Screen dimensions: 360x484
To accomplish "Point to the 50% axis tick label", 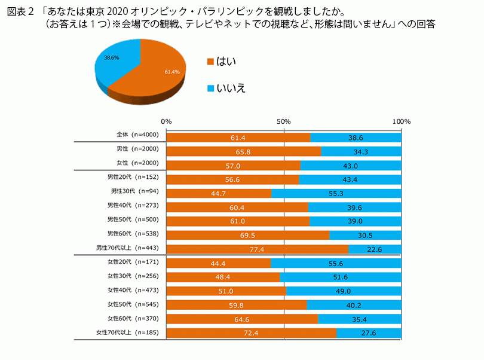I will coord(283,121).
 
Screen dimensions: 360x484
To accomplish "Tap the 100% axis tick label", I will coord(401,121).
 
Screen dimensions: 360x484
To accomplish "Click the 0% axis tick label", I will coord(167,121).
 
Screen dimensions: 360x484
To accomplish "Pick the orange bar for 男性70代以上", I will coord(257,248).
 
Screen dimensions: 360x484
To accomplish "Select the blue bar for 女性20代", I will coord(336,263).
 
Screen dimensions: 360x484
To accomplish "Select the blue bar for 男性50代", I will coord(355,221).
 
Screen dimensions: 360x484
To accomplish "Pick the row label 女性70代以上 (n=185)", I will coord(128,332).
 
